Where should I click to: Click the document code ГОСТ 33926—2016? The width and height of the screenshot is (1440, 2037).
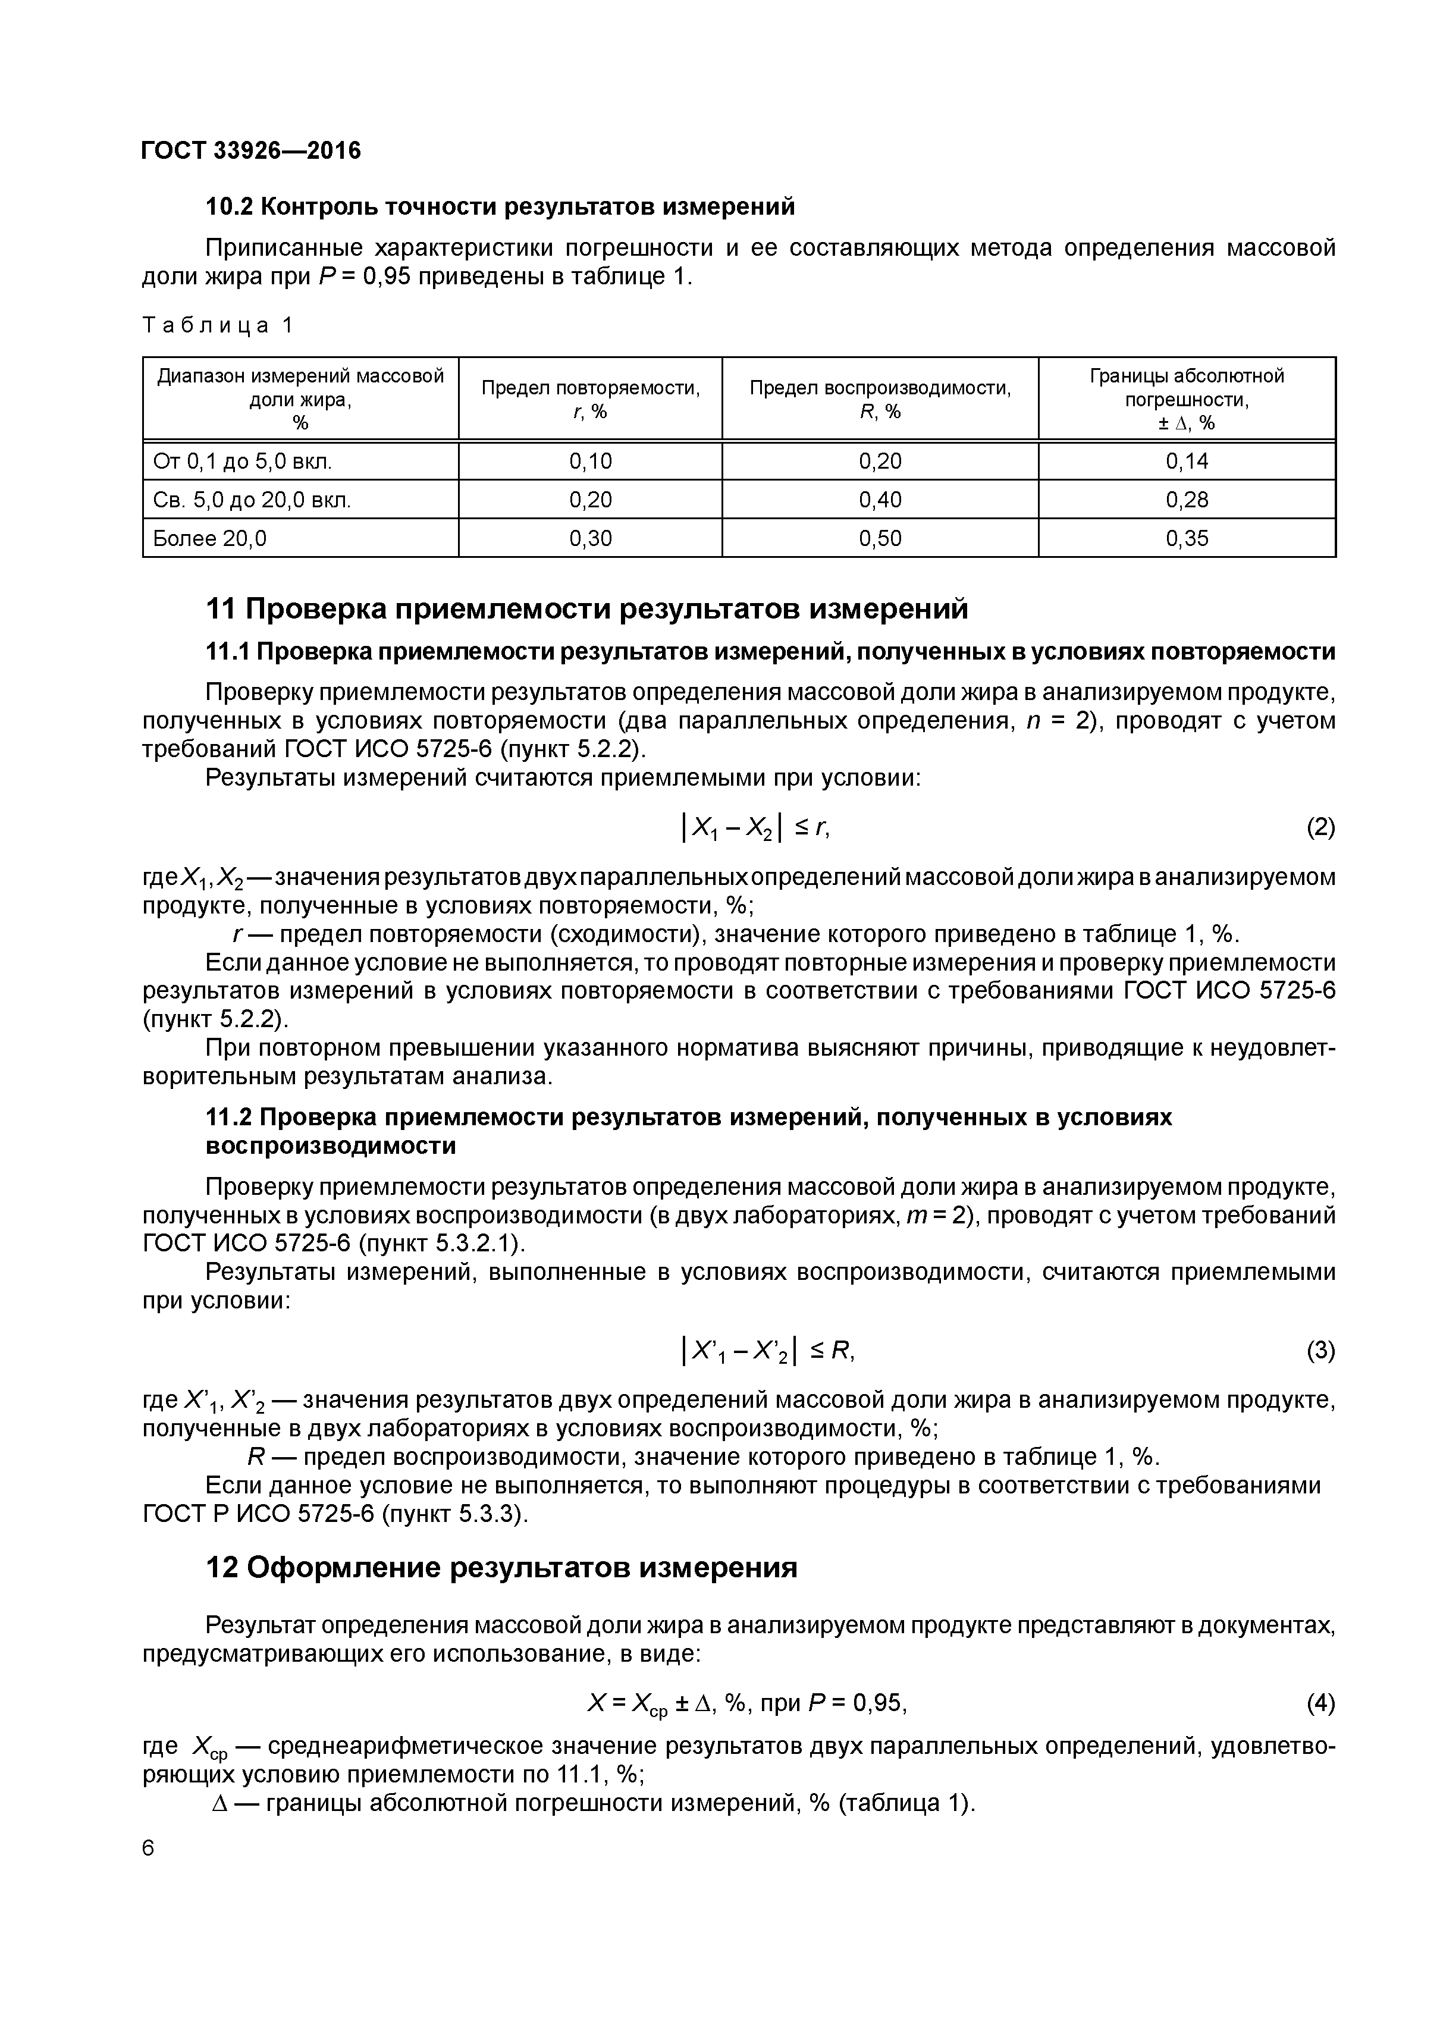[x=251, y=151]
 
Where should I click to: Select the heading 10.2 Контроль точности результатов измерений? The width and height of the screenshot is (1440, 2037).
[x=500, y=207]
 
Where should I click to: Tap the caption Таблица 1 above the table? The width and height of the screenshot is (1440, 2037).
[x=217, y=325]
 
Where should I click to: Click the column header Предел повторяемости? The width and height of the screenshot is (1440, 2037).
[x=590, y=398]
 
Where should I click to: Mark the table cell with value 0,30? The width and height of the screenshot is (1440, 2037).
[x=590, y=538]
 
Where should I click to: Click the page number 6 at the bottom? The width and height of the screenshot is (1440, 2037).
[x=148, y=1848]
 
